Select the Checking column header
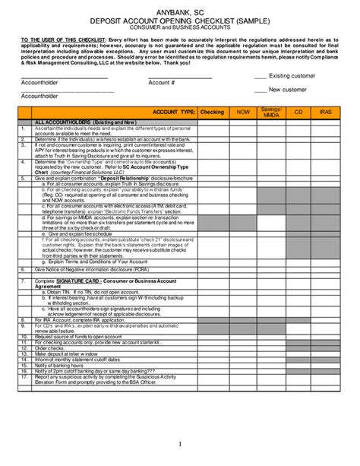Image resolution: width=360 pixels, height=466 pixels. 212,112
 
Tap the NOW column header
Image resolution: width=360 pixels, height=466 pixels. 243,112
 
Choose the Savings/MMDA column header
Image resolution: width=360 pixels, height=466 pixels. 272,112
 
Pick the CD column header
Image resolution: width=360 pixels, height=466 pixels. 298,112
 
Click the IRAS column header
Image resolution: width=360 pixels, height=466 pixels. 326,112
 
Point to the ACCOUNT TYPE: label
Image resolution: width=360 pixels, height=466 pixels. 174,112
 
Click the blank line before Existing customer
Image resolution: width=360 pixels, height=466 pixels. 260,77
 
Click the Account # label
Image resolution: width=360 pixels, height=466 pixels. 162,83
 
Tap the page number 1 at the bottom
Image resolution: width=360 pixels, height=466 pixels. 180,443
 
